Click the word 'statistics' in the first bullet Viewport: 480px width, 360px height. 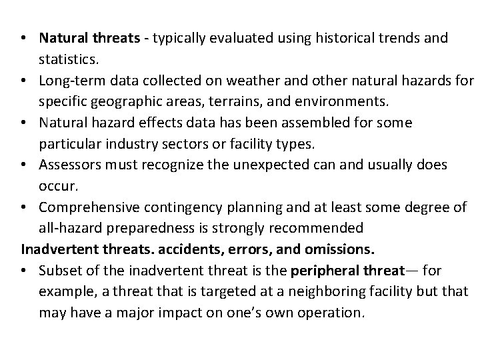[x=67, y=59]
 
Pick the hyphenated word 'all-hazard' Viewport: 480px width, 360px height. [x=68, y=229]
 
